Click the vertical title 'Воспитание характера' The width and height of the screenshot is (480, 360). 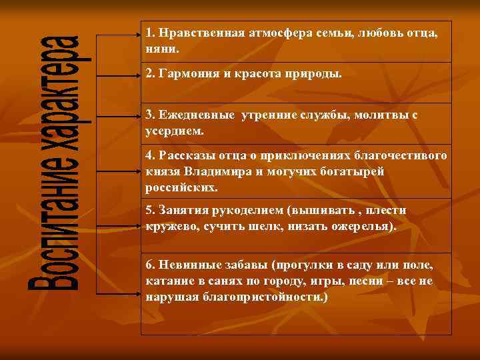[56, 162]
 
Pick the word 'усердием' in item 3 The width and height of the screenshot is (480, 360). [173, 131]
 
